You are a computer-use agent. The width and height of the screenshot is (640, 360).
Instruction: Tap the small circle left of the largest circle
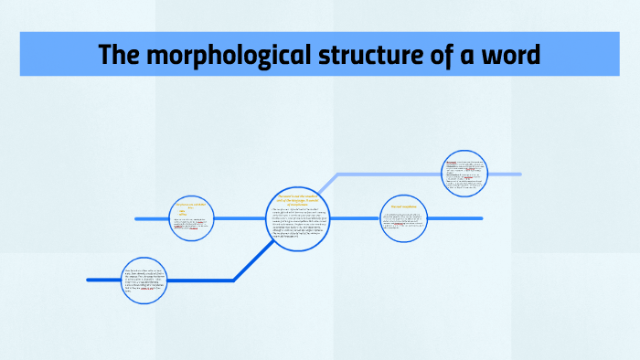pos(193,219)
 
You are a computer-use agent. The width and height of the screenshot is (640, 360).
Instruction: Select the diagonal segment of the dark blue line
pos(254,259)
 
